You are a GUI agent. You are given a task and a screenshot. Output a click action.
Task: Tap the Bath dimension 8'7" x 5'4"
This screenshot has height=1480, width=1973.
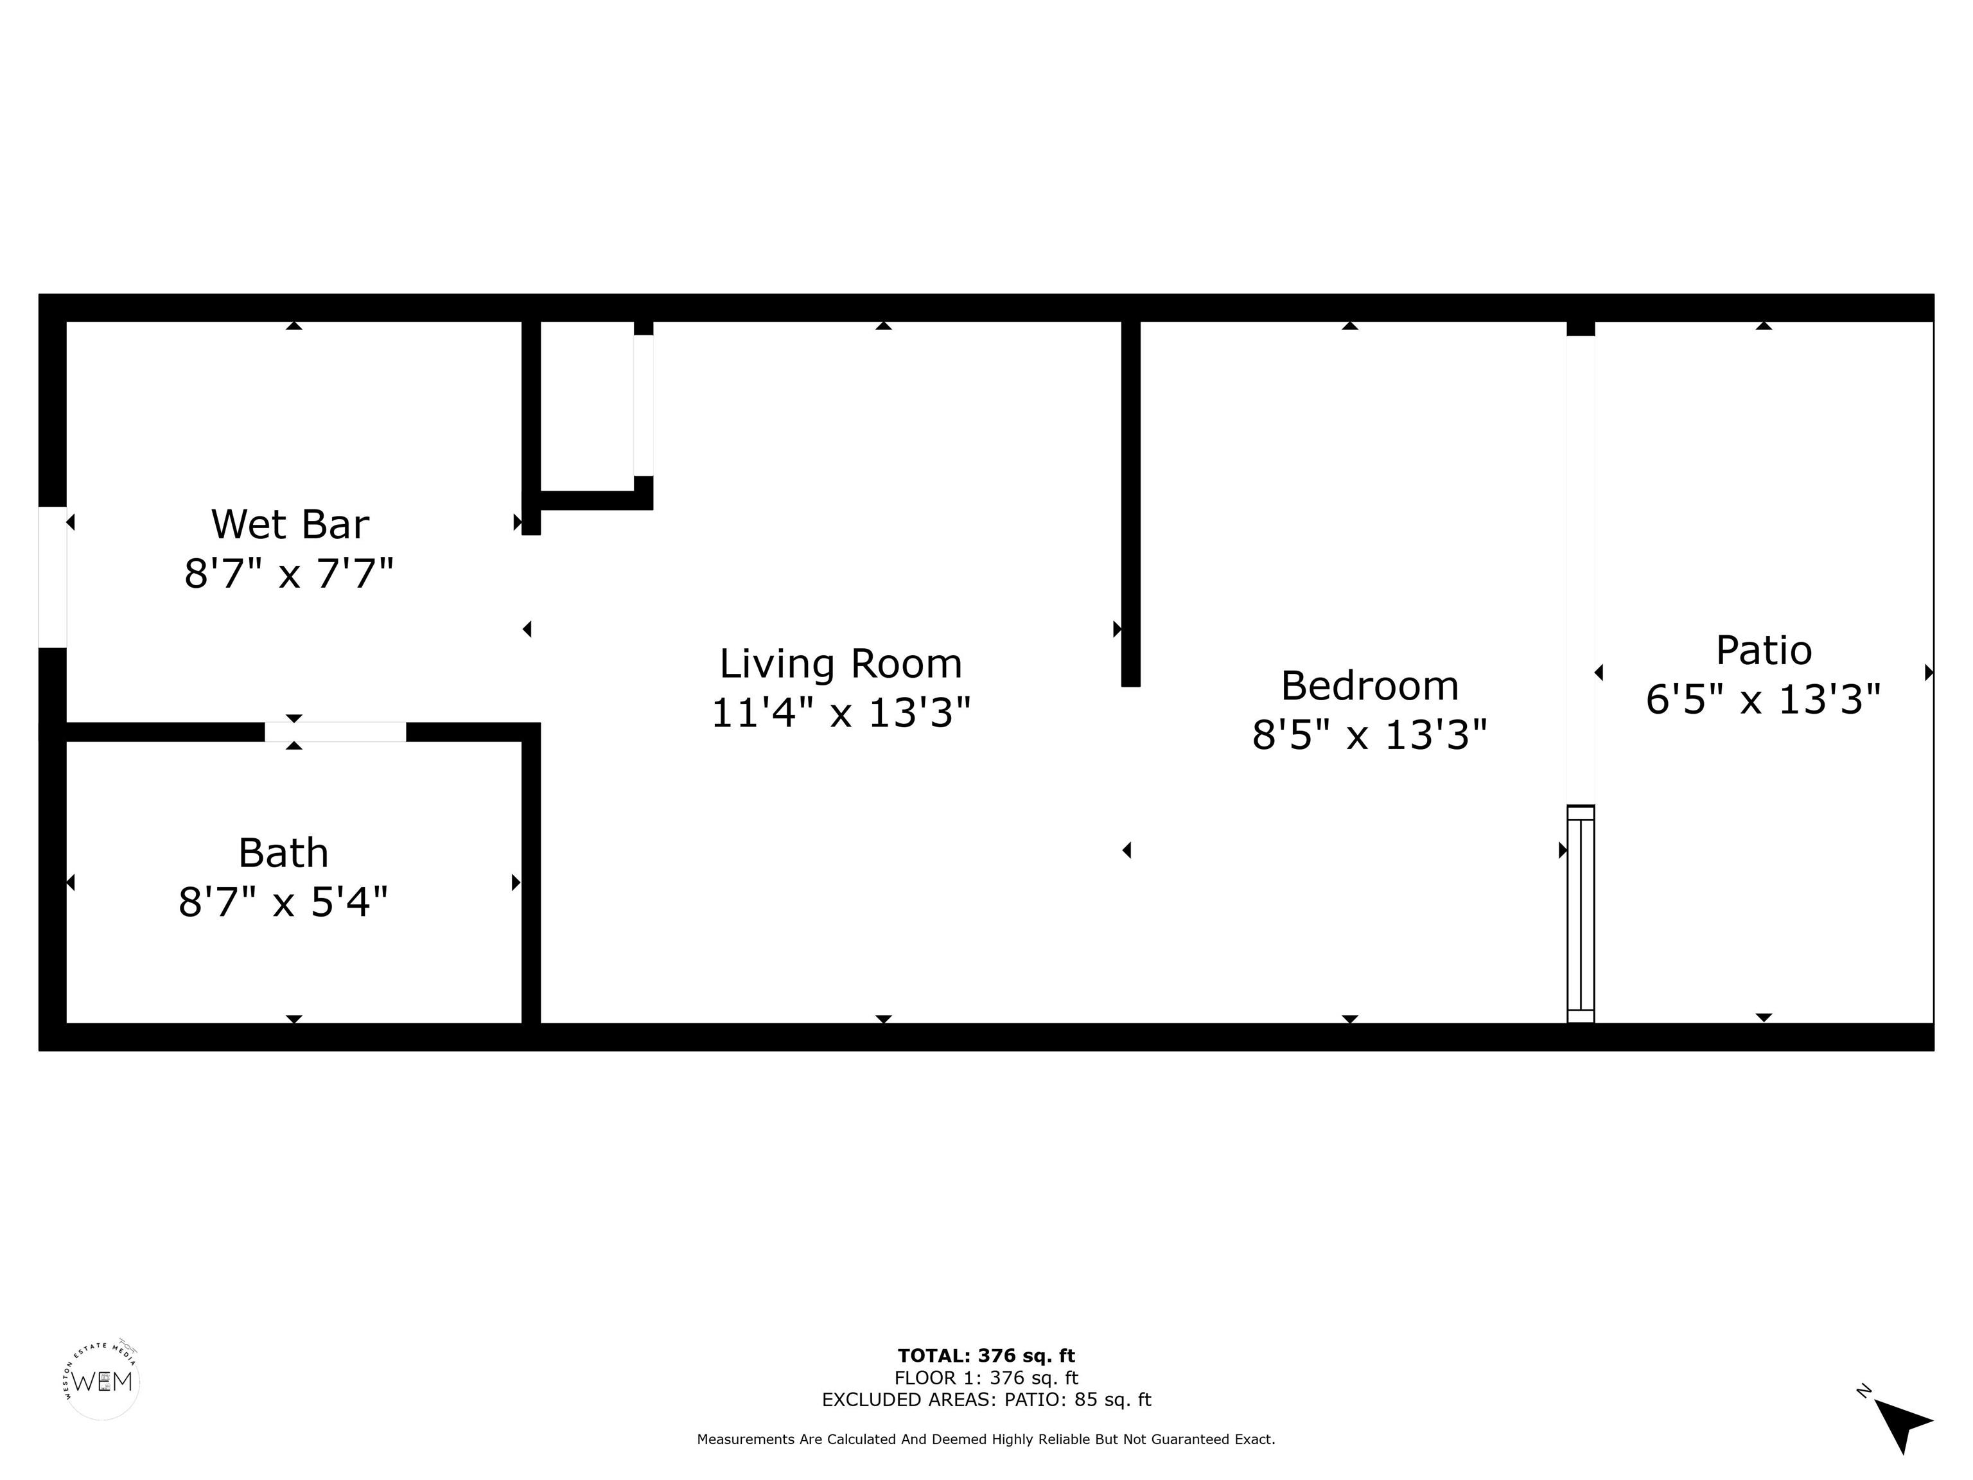point(284,902)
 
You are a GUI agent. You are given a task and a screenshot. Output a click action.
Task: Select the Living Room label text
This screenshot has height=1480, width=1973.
point(841,664)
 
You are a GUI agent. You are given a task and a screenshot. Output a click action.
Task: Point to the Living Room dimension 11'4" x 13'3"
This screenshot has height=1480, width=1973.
point(841,713)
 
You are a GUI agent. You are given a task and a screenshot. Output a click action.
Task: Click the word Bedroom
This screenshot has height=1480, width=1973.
point(1370,686)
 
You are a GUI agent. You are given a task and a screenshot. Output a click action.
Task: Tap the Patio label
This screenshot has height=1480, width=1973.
point(1764,650)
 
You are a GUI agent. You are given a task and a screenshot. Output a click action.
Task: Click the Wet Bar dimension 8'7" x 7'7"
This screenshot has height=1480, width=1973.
point(289,573)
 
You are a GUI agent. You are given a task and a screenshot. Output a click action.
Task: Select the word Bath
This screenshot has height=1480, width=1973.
point(284,854)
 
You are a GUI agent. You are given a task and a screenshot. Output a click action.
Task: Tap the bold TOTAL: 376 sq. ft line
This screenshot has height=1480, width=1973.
point(986,1356)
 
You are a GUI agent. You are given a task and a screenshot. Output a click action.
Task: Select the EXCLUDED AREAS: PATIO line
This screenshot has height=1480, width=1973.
point(986,1400)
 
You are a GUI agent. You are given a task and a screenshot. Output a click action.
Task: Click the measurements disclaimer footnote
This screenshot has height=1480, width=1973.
point(986,1439)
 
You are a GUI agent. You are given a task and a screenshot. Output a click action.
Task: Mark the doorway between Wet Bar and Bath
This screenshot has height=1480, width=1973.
point(335,732)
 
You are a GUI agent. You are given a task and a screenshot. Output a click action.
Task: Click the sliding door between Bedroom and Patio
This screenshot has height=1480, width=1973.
point(1581,913)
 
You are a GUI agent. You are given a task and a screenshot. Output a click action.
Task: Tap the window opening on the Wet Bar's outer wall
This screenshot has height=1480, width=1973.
point(53,577)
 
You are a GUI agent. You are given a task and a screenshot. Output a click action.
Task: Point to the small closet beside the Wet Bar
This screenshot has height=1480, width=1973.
point(588,406)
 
